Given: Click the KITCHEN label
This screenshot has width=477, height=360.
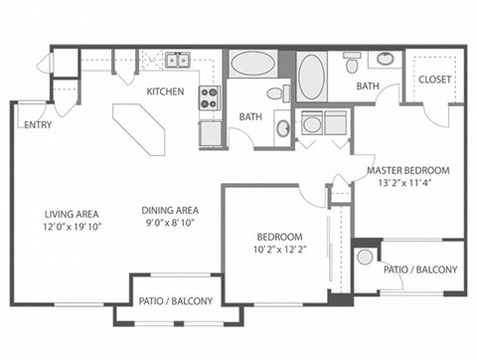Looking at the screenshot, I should [164, 91].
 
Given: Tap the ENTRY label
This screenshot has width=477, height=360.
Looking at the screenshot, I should [38, 125].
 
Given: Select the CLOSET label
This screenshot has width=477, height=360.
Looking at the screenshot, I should [434, 80].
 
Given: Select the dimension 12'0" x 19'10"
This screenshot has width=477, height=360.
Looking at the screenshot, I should [74, 226].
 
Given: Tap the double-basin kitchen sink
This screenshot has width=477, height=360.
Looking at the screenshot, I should [178, 61].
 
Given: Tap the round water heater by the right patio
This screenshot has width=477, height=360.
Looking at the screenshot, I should [365, 257].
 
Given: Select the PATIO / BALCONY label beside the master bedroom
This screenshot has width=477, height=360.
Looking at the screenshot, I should [420, 270].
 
